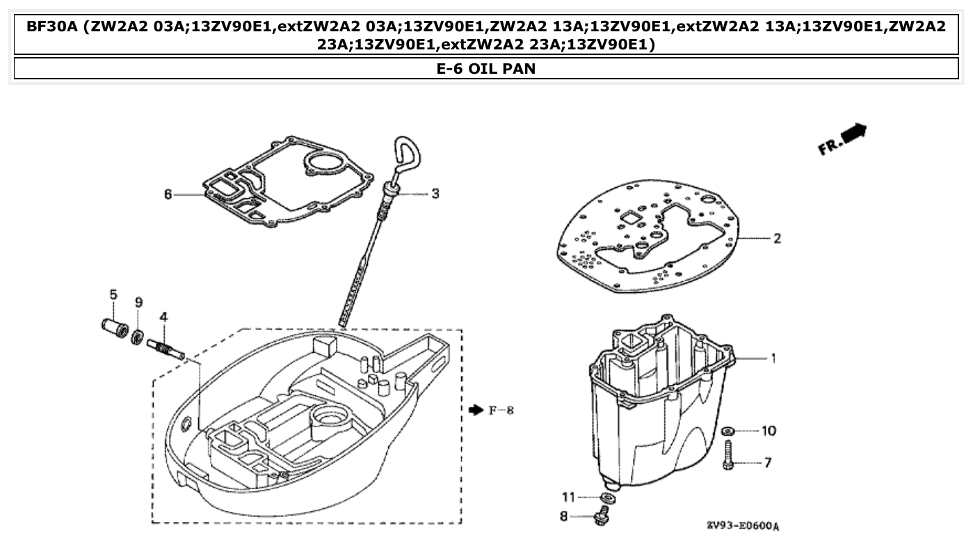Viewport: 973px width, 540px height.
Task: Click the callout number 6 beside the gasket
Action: pyautogui.click(x=168, y=194)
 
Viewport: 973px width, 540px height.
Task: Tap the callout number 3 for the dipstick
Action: pyautogui.click(x=435, y=193)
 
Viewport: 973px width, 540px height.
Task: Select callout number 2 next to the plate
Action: pyautogui.click(x=776, y=239)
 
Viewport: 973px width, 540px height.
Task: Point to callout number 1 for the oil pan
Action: pyautogui.click(x=772, y=358)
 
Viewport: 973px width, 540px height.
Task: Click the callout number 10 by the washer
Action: pyautogui.click(x=768, y=431)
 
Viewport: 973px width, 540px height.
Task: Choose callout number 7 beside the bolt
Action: pyautogui.click(x=768, y=462)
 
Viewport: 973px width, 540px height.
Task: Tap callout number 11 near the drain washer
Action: pyautogui.click(x=568, y=497)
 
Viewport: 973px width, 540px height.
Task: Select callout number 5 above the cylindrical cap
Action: pyautogui.click(x=113, y=294)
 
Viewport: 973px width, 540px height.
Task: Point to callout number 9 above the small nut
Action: pyautogui.click(x=138, y=302)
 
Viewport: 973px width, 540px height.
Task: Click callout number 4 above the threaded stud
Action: pyautogui.click(x=163, y=317)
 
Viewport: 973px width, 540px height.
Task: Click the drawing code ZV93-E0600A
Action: pyautogui.click(x=742, y=525)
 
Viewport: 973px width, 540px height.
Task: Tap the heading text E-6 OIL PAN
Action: pyautogui.click(x=486, y=69)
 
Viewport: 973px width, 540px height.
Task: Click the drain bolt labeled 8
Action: pyautogui.click(x=603, y=517)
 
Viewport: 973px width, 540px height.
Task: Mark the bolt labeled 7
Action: pyautogui.click(x=729, y=456)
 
